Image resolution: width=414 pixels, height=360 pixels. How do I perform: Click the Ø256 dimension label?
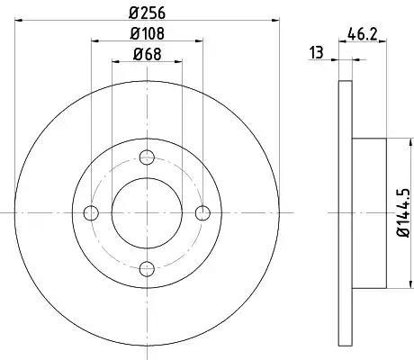147,13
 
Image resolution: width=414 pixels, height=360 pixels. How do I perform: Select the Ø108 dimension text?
147,33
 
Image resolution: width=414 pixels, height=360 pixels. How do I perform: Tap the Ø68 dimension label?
147,54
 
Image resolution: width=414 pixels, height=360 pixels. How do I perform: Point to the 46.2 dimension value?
362,33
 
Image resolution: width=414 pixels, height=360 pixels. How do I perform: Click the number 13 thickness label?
317,52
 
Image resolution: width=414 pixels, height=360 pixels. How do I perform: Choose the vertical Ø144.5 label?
404,212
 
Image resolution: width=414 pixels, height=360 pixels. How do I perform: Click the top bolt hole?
147,157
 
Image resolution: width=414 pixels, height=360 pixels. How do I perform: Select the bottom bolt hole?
147,268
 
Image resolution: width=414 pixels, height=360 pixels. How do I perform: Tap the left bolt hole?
91,213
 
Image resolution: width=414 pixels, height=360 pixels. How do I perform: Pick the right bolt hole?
202,213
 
